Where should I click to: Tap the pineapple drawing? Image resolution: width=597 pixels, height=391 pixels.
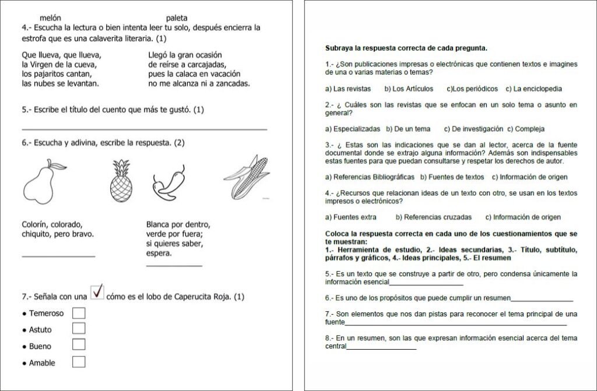click(121, 181)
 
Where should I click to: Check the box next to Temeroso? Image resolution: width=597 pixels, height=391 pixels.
click(79, 313)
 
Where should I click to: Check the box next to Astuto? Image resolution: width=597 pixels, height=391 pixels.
click(79, 329)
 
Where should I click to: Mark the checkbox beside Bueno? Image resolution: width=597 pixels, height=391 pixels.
click(79, 345)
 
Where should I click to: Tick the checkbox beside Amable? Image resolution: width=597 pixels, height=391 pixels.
click(79, 362)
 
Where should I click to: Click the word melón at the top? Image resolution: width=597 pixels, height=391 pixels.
click(50, 18)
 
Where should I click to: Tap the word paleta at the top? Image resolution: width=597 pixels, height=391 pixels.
click(177, 18)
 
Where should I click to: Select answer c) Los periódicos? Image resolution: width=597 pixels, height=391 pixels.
click(472, 89)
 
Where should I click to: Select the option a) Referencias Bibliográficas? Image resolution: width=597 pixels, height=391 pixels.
click(370, 177)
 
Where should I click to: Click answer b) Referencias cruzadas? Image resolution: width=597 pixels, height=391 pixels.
click(434, 217)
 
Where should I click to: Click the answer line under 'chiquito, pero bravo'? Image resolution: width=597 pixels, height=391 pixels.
click(58, 256)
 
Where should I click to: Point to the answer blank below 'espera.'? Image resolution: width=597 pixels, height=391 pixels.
click(174, 266)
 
